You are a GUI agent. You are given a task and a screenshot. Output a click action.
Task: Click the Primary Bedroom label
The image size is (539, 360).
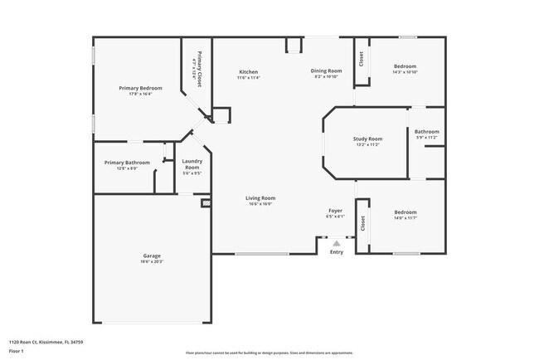coord(139,88)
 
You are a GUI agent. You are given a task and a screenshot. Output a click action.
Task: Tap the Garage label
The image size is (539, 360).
coord(151,255)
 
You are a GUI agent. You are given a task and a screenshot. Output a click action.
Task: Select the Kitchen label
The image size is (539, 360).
coord(248,71)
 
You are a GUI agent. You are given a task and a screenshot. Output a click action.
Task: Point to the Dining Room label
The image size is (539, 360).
coord(326,71)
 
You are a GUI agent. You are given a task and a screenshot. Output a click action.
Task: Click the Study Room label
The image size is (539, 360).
coord(367,139)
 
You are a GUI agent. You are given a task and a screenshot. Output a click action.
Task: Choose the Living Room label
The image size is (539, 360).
coord(260,198)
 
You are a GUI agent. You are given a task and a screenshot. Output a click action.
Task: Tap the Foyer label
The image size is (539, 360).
coord(335,212)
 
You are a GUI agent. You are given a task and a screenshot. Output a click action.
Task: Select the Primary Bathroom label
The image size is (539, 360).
coord(127,163)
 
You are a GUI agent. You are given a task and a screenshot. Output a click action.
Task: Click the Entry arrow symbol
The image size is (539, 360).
coord(336,244)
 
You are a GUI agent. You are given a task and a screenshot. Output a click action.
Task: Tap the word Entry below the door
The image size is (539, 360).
coord(336,252)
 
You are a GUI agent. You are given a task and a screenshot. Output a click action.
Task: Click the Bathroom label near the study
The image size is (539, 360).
coord(427,131)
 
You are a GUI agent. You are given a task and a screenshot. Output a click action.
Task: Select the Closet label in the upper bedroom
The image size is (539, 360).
coord(362,60)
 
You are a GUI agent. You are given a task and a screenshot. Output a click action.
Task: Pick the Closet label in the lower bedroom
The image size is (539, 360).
coord(362,224)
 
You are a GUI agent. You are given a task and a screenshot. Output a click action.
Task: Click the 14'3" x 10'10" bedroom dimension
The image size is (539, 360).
coord(405,72)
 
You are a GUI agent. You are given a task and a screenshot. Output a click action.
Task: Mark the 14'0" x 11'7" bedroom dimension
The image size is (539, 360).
coord(405,218)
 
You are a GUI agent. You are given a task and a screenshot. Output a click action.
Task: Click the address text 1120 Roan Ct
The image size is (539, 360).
coord(46,341)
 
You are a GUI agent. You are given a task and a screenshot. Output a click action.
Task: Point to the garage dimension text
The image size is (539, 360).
coord(151,261)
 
